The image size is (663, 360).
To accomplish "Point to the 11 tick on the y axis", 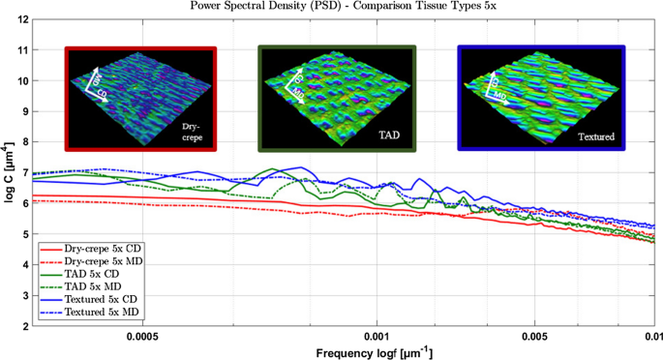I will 23,49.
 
